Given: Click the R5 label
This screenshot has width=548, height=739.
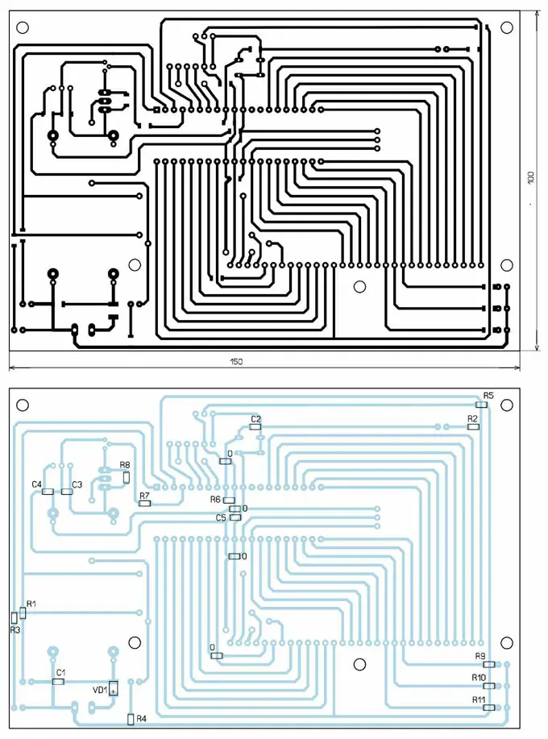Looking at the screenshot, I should point(488,396).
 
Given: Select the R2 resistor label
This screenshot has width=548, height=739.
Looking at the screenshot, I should point(473,418).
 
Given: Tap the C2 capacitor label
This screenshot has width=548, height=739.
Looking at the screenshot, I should point(255,419).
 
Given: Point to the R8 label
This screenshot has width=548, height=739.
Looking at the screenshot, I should point(125,465).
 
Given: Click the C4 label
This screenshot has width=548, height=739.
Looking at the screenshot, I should point(36,484).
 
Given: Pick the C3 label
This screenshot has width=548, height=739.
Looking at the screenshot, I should point(77,484).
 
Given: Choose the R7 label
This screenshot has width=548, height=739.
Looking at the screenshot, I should point(144,496).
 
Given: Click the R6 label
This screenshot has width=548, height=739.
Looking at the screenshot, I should point(215,500).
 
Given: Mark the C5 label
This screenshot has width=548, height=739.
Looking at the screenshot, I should point(221,517).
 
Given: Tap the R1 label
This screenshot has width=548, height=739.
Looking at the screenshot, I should point(31,604).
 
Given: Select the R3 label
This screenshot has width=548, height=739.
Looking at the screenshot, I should point(15,629).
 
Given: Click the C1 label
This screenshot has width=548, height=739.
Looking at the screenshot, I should point(60,672).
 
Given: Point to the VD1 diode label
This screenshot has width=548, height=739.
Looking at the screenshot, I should point(99,690).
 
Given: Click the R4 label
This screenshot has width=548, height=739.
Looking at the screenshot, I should point(142,718).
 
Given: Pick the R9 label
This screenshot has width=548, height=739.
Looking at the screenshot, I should point(480,656).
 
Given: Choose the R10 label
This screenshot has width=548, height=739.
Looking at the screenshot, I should point(479,678).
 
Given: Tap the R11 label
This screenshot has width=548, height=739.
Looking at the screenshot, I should point(479,700).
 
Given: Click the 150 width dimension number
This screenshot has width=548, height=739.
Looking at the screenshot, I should point(236,362).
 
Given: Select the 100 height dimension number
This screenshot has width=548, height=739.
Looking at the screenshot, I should point(530,178).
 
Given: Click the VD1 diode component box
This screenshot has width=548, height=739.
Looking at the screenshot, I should point(114,688).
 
